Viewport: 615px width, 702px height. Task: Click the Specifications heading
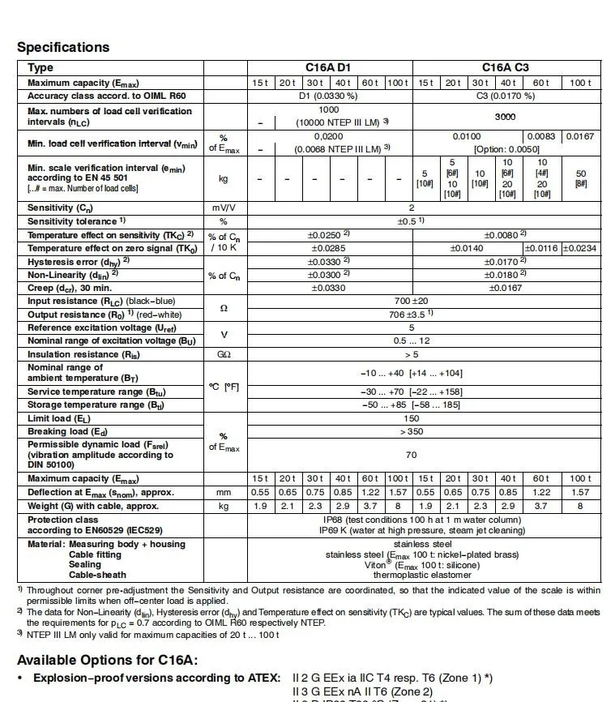coord(63,47)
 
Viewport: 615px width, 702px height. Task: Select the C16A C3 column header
coord(504,68)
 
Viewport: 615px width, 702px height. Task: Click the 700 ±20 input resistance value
coord(411,301)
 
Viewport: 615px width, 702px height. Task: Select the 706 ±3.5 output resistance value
coord(411,314)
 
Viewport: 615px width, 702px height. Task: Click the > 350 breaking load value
coord(411,432)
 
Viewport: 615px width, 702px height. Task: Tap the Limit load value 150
coord(411,419)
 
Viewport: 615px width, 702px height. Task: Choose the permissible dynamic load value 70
coord(411,456)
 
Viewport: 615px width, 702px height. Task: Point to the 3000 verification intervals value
coord(505,117)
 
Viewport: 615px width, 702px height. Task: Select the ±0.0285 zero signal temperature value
coord(327,248)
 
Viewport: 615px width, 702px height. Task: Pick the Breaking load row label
coord(70,432)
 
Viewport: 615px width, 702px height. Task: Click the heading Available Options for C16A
coord(107,660)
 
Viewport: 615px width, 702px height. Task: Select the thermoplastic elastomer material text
coord(412,575)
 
